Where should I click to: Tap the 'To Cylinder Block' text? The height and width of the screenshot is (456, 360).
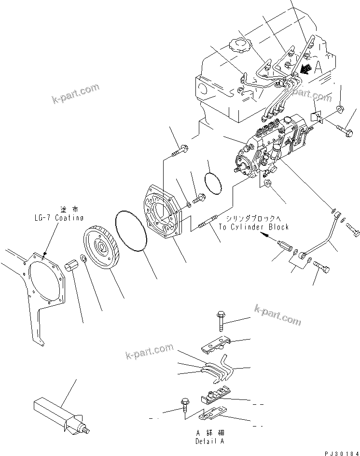(x=253, y=227)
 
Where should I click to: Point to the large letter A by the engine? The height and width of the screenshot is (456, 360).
(x=318, y=68)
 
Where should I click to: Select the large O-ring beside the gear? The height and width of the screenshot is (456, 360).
(x=133, y=232)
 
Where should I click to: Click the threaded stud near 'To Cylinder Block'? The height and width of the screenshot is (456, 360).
(x=208, y=224)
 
